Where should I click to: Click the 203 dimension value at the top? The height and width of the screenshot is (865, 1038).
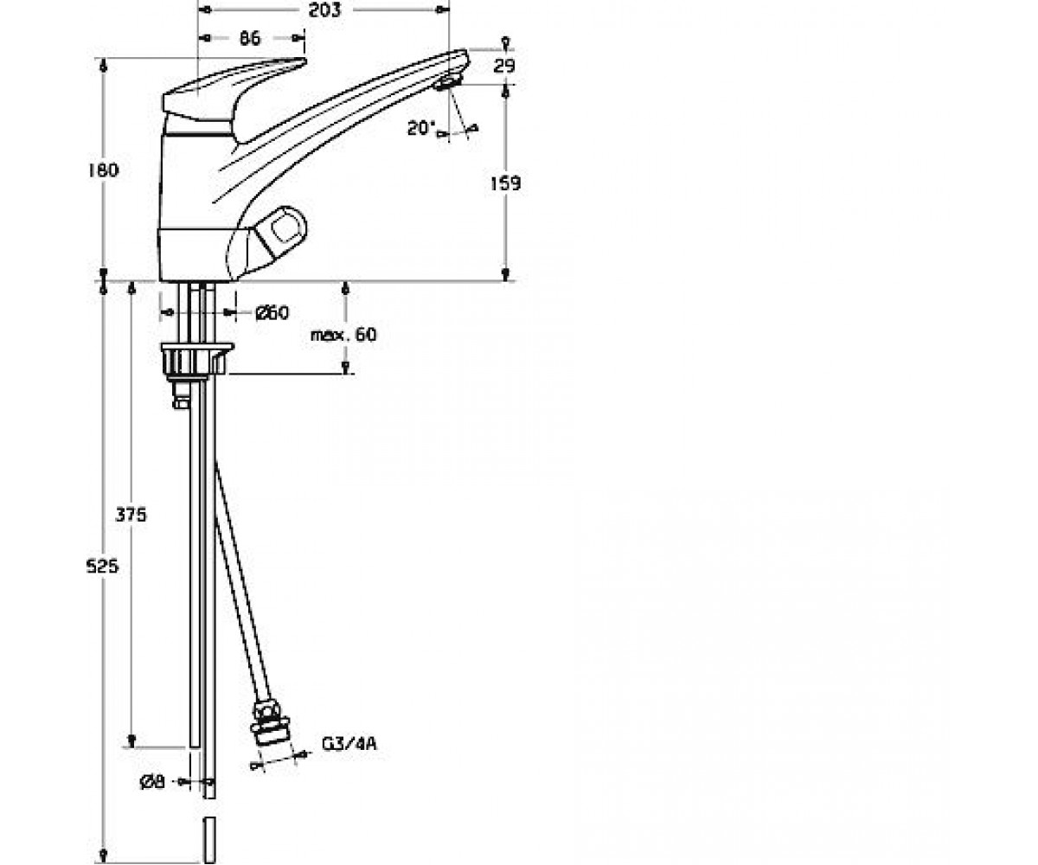(324, 10)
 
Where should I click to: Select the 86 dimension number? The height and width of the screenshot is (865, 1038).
(250, 38)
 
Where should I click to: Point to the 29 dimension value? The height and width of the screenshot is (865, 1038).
(504, 66)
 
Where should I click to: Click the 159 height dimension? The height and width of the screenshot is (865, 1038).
(505, 183)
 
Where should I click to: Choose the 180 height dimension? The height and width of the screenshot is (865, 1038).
(104, 170)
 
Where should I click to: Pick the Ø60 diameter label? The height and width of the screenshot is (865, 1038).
(272, 312)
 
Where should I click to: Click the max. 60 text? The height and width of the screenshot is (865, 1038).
(343, 335)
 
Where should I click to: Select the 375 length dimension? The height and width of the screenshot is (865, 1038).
(131, 515)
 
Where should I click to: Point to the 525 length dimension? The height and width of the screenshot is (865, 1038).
(102, 567)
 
